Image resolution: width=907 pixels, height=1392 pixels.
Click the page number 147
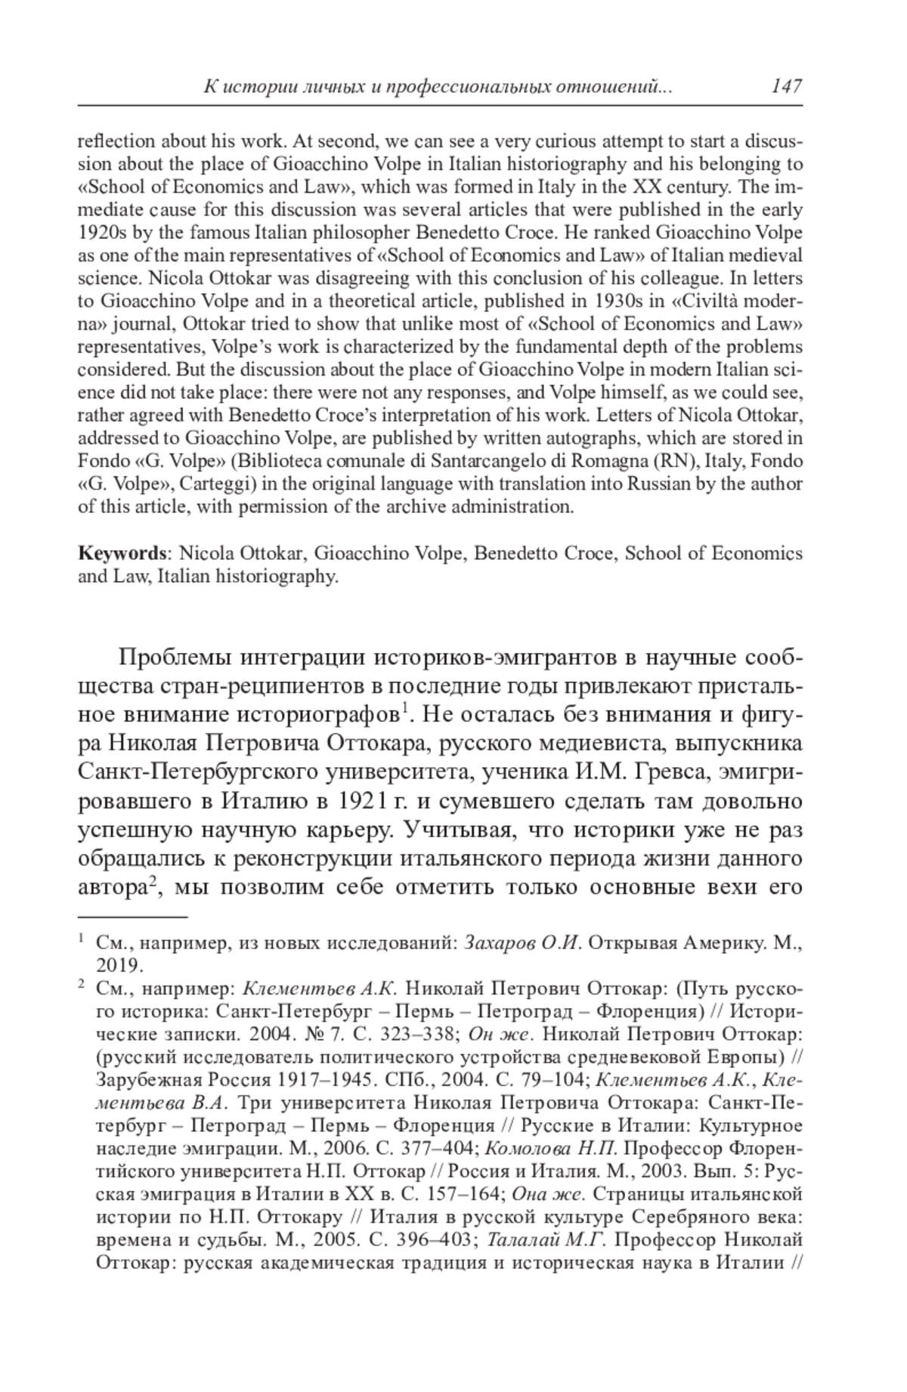tap(786, 86)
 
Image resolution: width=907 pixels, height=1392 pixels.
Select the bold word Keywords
tap(122, 553)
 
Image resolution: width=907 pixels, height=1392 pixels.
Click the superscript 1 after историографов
tap(405, 708)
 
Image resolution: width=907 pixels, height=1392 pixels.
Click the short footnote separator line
tap(133, 917)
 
